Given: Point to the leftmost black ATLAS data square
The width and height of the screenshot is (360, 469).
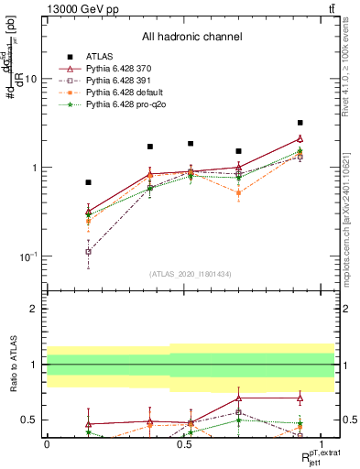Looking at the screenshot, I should click(88, 182).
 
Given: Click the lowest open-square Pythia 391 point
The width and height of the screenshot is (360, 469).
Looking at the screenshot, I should click(88, 251).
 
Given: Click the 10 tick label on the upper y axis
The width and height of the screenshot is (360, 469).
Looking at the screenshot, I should click(30, 80).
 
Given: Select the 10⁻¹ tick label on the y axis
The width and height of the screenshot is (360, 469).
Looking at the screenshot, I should click(27, 256).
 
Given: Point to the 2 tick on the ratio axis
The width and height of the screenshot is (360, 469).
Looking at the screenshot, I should click(35, 309).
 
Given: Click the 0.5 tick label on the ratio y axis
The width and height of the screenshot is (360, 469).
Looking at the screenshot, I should click(30, 420).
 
